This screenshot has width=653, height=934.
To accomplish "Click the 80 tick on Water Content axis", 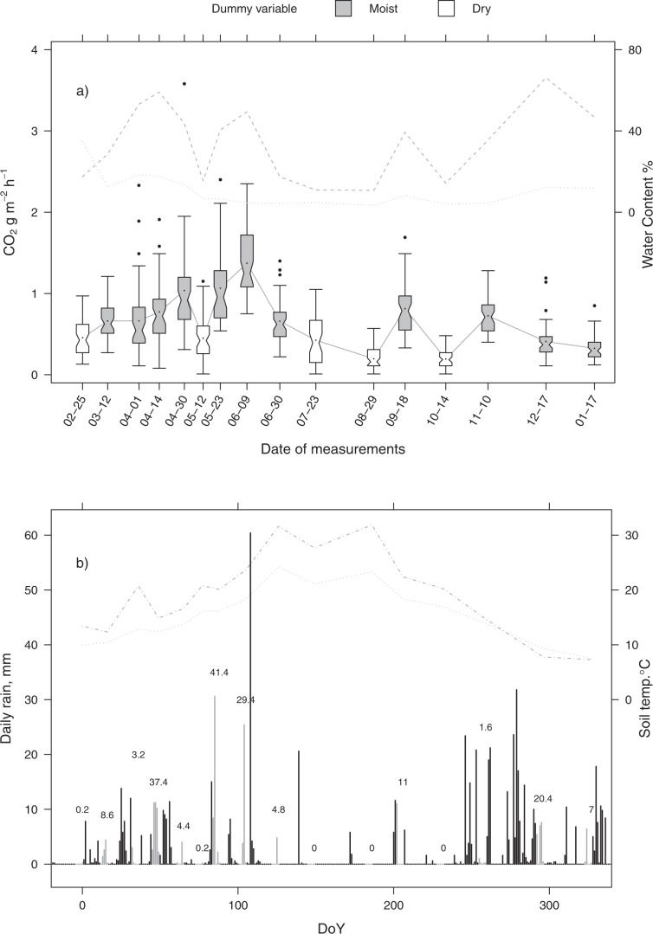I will [x=634, y=50].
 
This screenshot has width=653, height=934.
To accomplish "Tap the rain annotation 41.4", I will [x=218, y=673].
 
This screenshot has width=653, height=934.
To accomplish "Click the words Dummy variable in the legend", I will [x=251, y=10].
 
